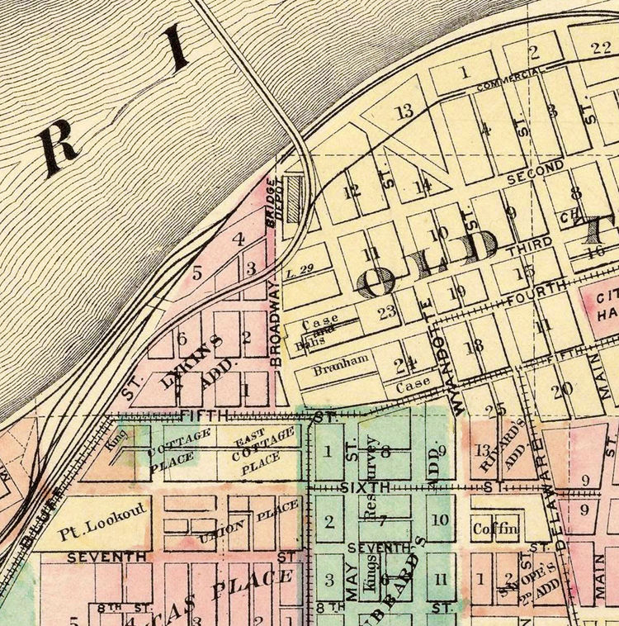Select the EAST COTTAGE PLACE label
pyautogui.click(x=264, y=448)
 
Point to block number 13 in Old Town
pyautogui.click(x=404, y=111)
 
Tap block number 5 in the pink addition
pyautogui.click(x=196, y=272)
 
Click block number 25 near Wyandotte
pyautogui.click(x=495, y=410)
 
